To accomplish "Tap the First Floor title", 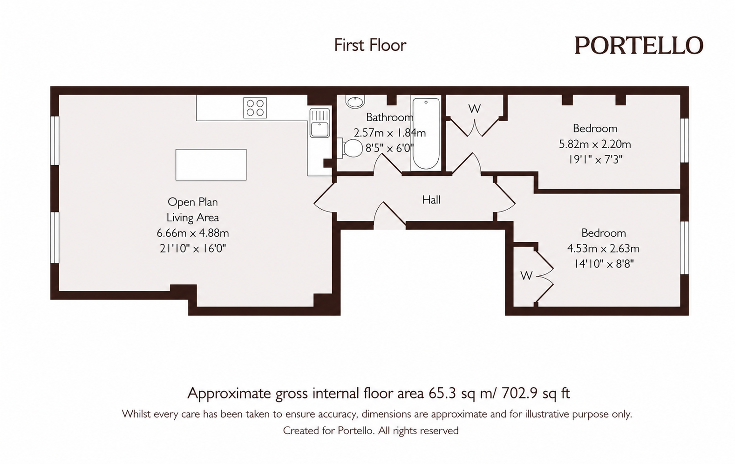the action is click(x=370, y=45).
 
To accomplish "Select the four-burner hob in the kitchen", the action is click(x=255, y=108).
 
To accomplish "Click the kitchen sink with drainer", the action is click(x=320, y=123).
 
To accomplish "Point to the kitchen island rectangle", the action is click(x=211, y=165).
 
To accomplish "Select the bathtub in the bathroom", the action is click(x=426, y=133).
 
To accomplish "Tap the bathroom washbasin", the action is click(x=355, y=102).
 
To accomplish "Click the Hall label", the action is click(x=431, y=199).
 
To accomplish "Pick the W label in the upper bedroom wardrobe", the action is click(x=475, y=109).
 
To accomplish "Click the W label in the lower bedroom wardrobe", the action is click(x=526, y=276).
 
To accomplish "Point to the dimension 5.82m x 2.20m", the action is click(x=595, y=144).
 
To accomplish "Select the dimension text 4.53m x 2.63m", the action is click(x=604, y=248).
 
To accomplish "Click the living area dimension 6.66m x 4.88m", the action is click(x=193, y=233).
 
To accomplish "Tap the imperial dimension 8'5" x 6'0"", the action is click(x=389, y=148).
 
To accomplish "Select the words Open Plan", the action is click(x=193, y=202).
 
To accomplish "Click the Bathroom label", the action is click(x=390, y=117).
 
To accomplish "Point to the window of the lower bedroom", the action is click(x=684, y=248).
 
